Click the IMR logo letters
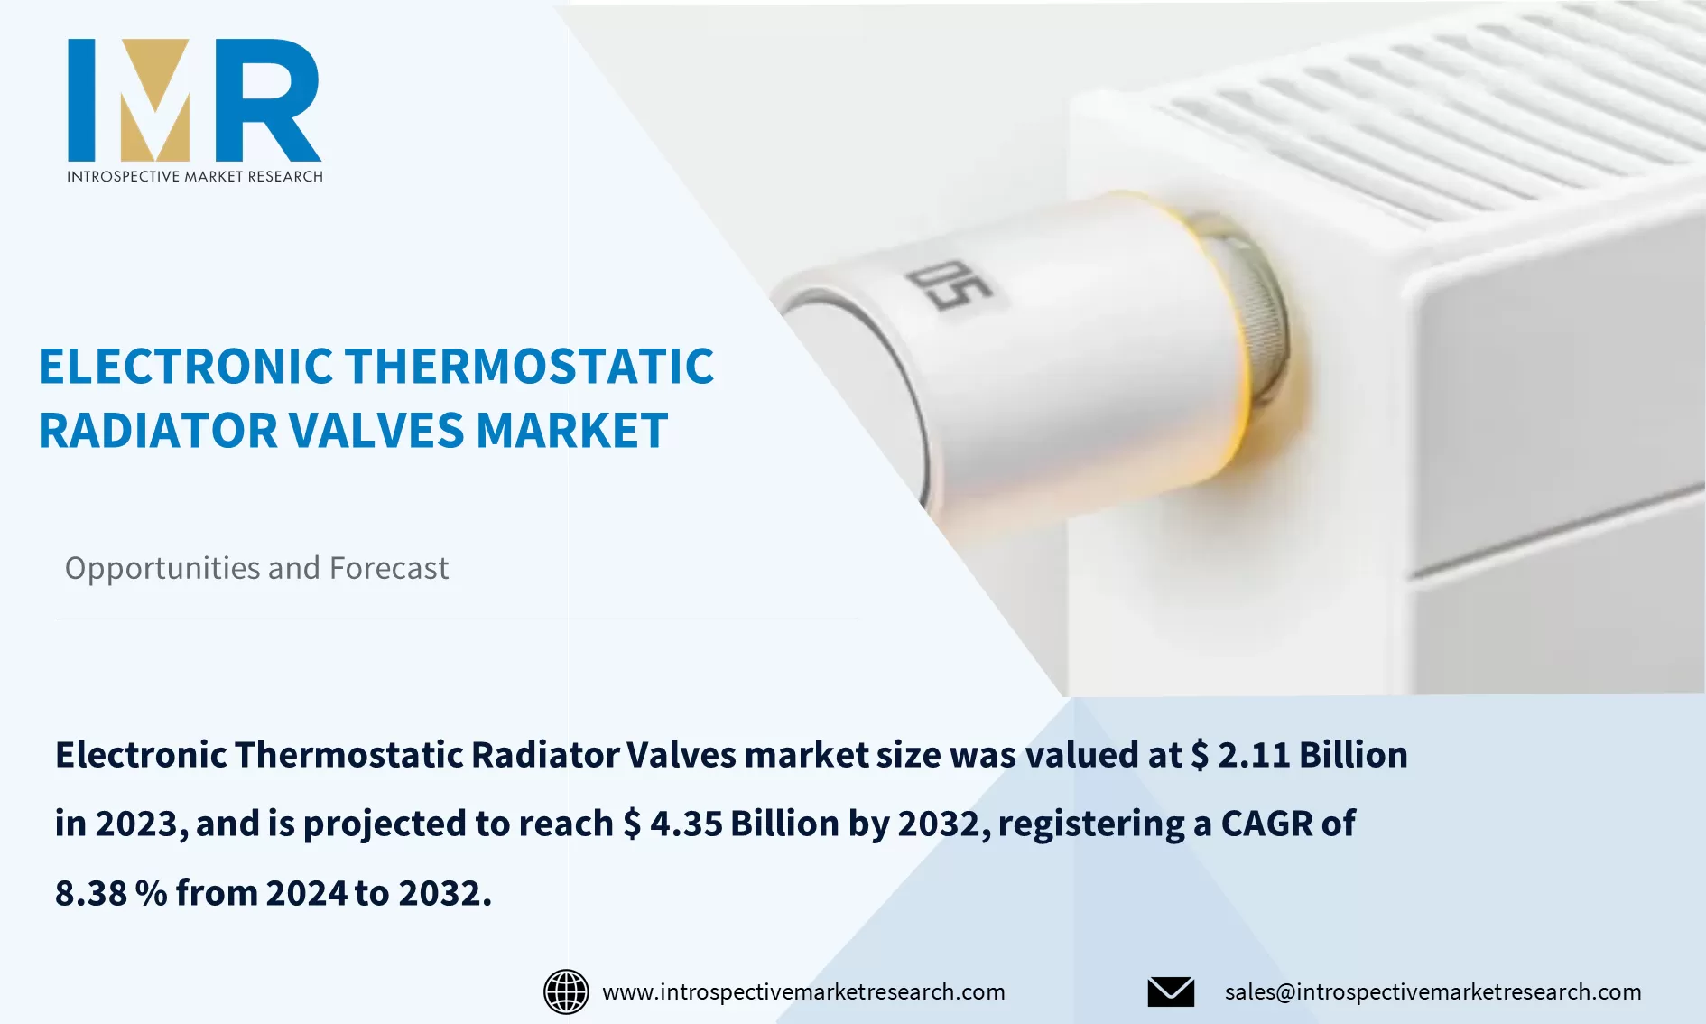point(194,99)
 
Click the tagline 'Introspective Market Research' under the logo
point(194,176)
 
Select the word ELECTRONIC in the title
point(186,367)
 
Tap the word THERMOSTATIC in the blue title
point(530,367)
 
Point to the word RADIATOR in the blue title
point(158,431)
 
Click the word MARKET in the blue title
point(572,431)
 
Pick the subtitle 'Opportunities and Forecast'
point(256,568)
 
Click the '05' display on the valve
point(949,284)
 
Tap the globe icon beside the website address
point(566,991)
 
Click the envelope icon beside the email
point(1171,991)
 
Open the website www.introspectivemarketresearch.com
point(803,991)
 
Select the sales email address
point(1432,991)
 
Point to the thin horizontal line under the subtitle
point(456,619)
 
